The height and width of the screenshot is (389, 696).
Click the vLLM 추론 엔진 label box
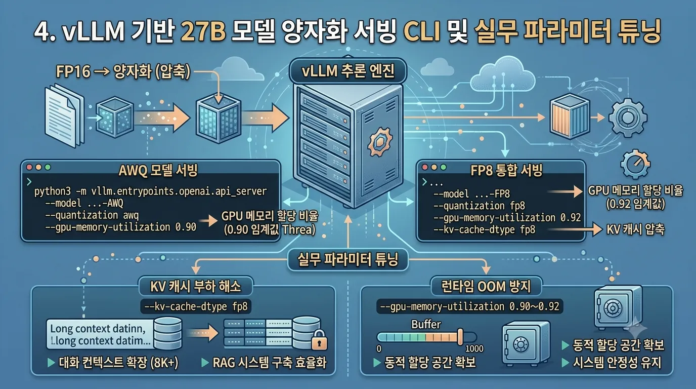click(x=347, y=70)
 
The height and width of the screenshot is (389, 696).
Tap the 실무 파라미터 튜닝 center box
click(x=347, y=259)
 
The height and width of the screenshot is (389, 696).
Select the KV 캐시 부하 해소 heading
click(x=195, y=286)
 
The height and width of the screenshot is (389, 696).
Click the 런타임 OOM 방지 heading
click(x=486, y=286)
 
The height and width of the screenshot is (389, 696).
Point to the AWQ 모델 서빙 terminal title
click(x=158, y=171)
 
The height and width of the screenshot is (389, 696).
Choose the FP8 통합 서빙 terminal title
click(x=506, y=171)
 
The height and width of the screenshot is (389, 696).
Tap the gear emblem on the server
click(x=380, y=142)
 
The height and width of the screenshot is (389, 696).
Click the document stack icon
click(x=64, y=115)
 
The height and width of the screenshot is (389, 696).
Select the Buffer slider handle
click(x=460, y=337)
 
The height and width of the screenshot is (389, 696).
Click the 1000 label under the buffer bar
click(x=474, y=348)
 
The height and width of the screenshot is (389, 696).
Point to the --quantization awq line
click(x=92, y=215)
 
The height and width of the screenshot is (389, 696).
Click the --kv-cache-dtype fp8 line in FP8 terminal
click(x=484, y=229)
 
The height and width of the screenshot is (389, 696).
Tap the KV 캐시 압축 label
click(x=635, y=229)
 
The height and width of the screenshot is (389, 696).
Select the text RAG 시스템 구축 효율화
click(x=270, y=363)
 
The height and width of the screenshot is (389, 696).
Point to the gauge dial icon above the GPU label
click(x=635, y=164)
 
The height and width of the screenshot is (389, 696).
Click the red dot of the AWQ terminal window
click(x=29, y=167)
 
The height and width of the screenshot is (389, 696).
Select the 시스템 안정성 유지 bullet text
click(x=617, y=363)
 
